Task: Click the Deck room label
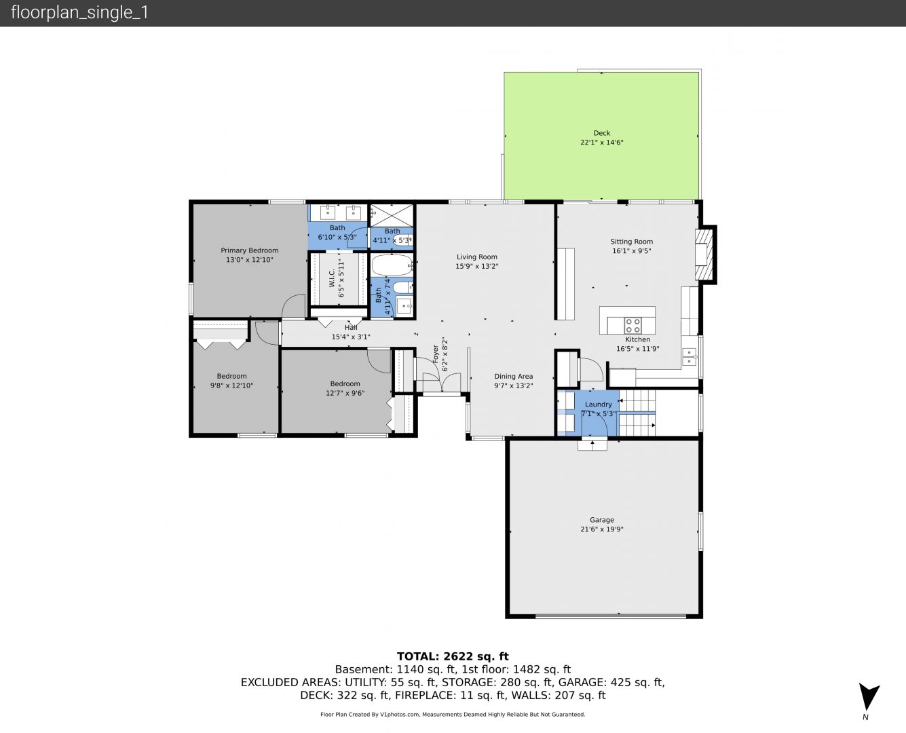[x=601, y=133]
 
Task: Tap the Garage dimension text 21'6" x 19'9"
[x=601, y=529]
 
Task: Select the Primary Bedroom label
[x=249, y=250]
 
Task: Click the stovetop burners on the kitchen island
[x=633, y=326]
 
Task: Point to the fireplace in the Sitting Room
[x=704, y=255]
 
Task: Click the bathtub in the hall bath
[x=392, y=265]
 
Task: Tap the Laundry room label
[x=598, y=405]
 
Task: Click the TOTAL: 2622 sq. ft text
[x=453, y=656]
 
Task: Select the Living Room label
[x=477, y=257]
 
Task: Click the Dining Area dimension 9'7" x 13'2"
[x=513, y=386]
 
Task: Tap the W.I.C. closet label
[x=332, y=279]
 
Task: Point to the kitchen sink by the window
[x=689, y=356]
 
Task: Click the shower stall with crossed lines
[x=392, y=216]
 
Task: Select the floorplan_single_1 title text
[x=79, y=13]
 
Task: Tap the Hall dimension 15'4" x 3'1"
[x=351, y=337]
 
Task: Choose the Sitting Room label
[x=631, y=242]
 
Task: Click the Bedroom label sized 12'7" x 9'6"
[x=345, y=383]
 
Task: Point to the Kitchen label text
[x=638, y=339]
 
